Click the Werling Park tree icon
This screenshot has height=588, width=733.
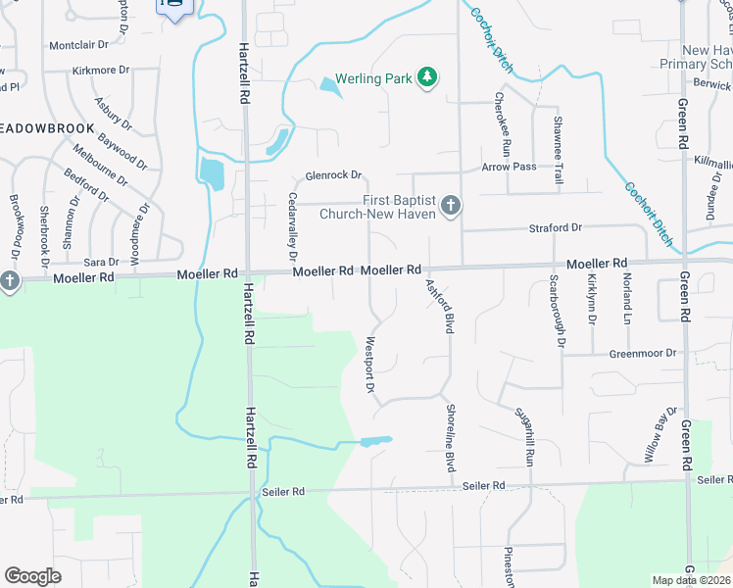(426, 76)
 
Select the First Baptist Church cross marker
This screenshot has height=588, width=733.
(450, 206)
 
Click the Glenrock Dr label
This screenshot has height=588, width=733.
(334, 176)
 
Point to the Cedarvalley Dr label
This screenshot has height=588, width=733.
(292, 220)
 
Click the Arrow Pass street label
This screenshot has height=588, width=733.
(510, 167)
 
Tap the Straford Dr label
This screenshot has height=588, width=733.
(556, 227)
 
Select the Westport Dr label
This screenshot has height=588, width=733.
(370, 367)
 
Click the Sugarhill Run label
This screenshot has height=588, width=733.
(529, 436)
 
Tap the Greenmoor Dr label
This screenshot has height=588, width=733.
(643, 353)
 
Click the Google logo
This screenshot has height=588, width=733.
(32, 575)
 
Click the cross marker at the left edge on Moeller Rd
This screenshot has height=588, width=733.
(9, 282)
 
